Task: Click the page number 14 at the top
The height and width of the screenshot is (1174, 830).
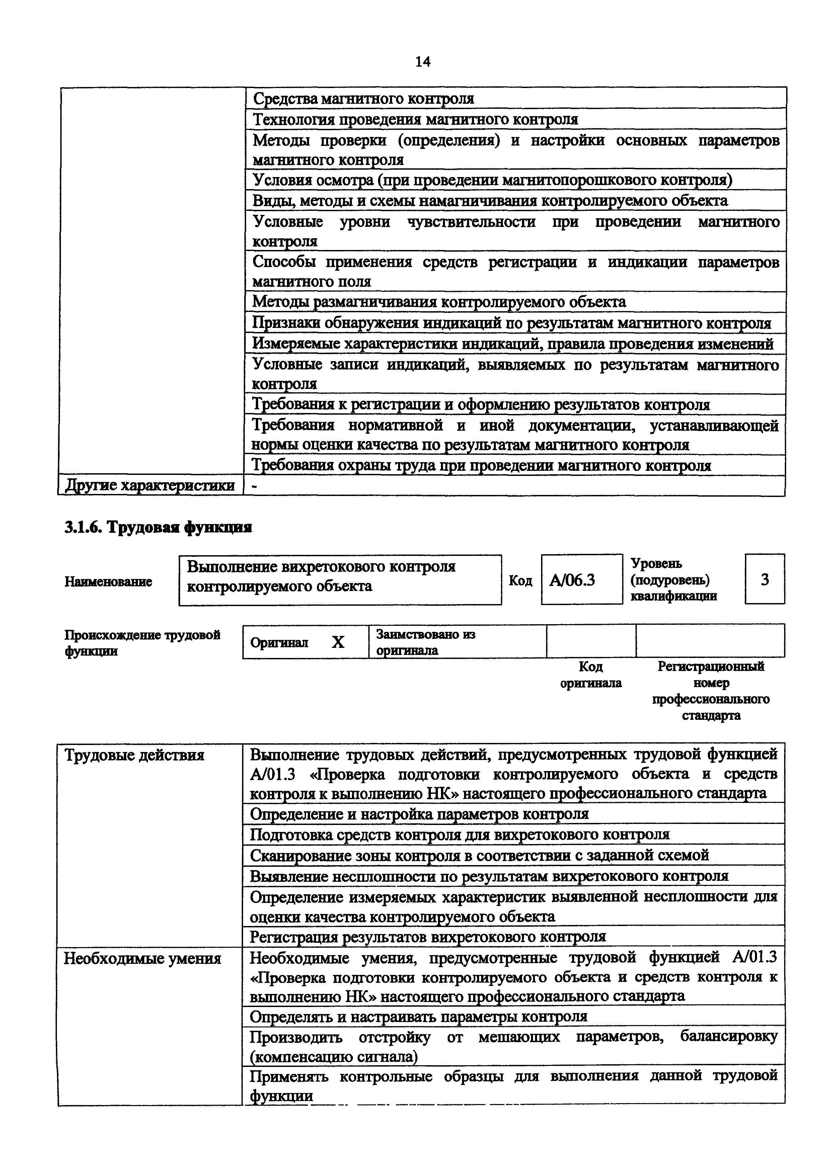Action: click(x=423, y=62)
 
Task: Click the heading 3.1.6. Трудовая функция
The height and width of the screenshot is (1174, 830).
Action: click(x=158, y=527)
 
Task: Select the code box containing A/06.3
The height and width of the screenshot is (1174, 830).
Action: click(x=582, y=580)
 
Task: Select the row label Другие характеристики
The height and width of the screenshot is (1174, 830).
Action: click(x=150, y=486)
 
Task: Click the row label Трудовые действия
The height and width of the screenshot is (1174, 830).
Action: click(x=134, y=755)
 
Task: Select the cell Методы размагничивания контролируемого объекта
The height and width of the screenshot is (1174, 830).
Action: click(x=439, y=302)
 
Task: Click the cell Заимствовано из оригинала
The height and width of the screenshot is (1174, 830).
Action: click(x=426, y=642)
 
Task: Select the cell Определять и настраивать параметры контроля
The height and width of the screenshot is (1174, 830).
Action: click(x=418, y=1016)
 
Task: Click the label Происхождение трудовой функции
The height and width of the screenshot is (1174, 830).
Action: click(x=142, y=643)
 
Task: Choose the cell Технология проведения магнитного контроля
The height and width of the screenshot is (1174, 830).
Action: click(x=415, y=119)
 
